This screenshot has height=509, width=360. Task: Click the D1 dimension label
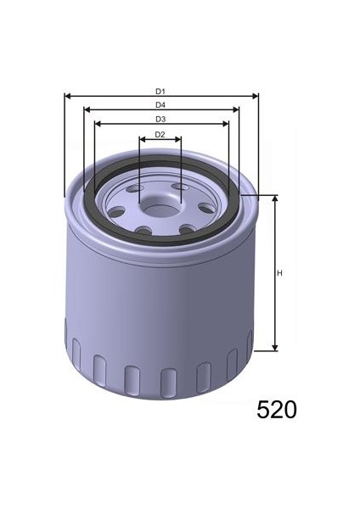click(160, 92)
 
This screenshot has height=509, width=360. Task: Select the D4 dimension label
click(160, 105)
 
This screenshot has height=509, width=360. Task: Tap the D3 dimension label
click(160, 119)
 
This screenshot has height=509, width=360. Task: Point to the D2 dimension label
click(160, 134)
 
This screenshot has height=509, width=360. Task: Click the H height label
click(279, 273)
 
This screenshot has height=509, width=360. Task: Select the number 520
click(277, 410)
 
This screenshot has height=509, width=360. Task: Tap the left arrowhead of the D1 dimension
click(68, 96)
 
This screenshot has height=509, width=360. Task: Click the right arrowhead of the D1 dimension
click(256, 96)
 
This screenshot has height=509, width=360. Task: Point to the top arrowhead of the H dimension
click(275, 199)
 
